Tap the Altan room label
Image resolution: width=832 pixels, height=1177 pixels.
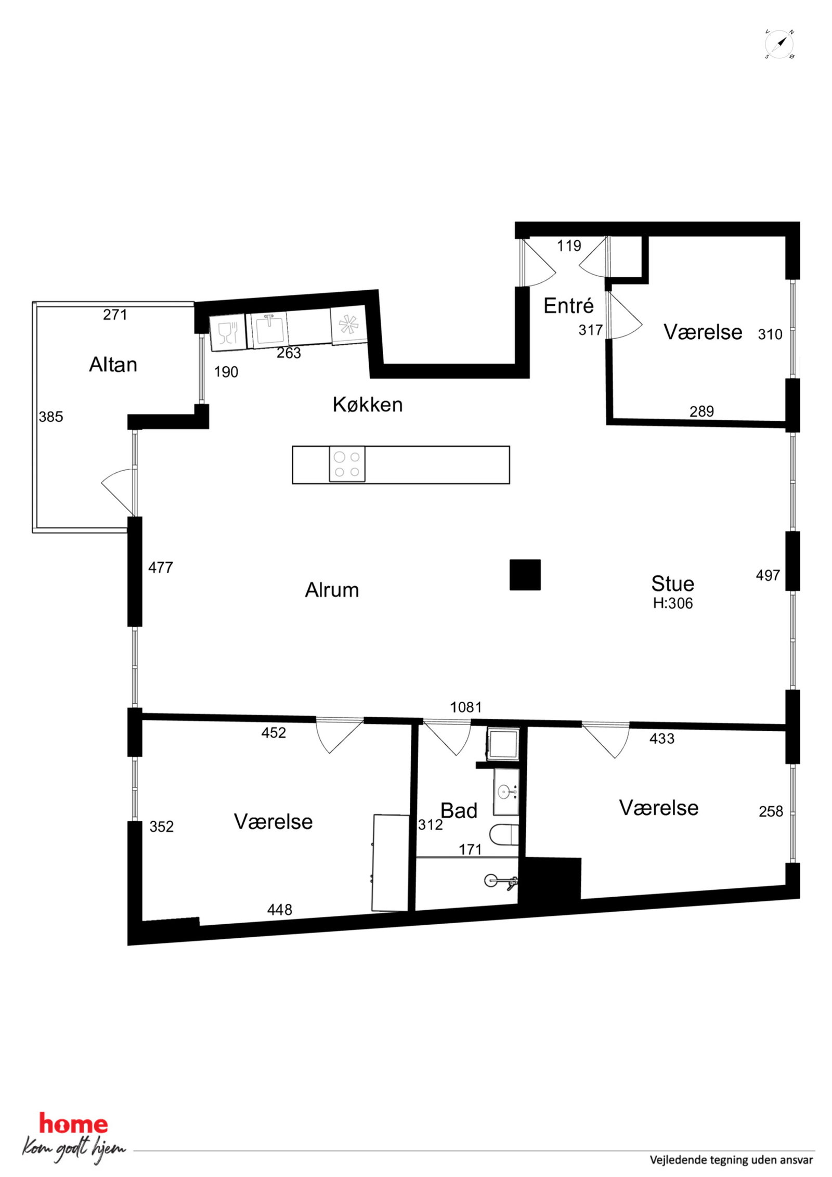113,365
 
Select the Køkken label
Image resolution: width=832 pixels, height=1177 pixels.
368,404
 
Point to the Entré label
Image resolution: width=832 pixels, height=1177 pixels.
568,305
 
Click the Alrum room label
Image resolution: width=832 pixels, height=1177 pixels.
332,590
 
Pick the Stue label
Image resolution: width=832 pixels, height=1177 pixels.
672,584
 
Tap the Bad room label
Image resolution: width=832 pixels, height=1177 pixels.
459,810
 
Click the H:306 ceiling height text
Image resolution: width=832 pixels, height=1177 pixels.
673,603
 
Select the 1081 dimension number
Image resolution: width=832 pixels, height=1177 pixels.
466,707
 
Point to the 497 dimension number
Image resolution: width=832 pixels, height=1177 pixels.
768,575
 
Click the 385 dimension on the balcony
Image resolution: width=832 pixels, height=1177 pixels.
51,417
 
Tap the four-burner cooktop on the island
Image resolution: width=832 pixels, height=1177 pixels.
347,464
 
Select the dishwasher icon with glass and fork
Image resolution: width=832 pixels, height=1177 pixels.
227,333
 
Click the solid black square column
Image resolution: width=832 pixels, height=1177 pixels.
525,575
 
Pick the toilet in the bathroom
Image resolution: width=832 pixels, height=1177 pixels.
504,835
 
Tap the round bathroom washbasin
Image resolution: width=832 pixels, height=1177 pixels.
504,792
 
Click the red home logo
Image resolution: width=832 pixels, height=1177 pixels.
73,1124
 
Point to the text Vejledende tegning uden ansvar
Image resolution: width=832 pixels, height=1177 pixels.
731,1159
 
